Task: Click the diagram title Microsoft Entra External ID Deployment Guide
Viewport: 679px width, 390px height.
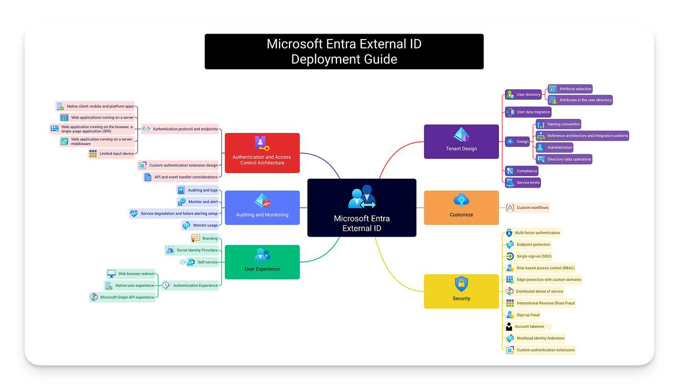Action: (x=344, y=51)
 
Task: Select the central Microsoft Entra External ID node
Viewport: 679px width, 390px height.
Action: (x=361, y=208)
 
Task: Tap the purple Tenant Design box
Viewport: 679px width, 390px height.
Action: (x=461, y=141)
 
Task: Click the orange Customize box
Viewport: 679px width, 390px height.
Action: (x=461, y=208)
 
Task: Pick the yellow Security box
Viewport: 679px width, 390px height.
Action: (x=461, y=291)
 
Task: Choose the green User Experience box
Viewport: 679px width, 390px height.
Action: (x=262, y=262)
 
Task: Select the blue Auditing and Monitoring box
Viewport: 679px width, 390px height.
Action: (x=262, y=208)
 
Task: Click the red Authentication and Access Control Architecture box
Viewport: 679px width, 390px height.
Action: (x=262, y=153)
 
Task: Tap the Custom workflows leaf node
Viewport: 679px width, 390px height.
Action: (x=528, y=208)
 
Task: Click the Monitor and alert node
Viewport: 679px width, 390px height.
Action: (x=198, y=202)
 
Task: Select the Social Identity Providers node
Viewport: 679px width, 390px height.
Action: (x=192, y=251)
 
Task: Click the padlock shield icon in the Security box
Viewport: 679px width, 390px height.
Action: (x=461, y=284)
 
